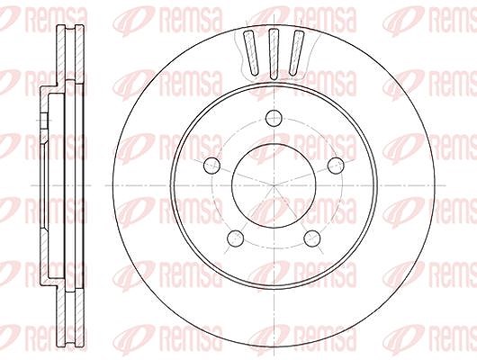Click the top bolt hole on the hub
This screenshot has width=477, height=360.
coord(274,118)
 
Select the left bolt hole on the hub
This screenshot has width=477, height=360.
coord(211,166)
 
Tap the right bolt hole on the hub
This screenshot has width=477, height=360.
coord(336,166)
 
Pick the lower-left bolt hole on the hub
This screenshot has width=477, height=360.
coord(236,238)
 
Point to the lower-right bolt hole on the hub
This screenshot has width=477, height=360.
coord(312,238)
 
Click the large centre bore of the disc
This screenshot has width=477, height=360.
coord(274,185)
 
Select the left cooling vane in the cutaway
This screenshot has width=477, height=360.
coord(252,52)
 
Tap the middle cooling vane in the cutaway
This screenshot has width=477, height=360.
coord(274,54)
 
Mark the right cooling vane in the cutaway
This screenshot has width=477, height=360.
coord(296,52)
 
